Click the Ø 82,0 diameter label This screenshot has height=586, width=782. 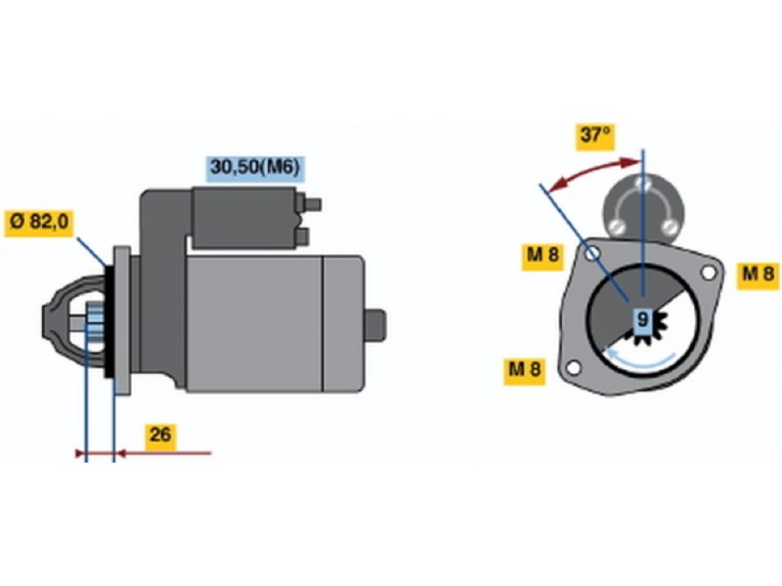tap(39, 223)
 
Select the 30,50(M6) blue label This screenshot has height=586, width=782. tap(255, 168)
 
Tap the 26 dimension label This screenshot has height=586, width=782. tap(160, 436)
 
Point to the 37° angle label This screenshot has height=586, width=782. tap(595, 135)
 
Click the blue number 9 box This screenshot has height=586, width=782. tap(643, 320)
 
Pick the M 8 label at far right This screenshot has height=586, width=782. tap(759, 274)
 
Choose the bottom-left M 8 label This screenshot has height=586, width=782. tap(525, 370)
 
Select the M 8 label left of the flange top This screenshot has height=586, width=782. tap(543, 256)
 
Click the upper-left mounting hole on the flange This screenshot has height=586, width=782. tap(593, 254)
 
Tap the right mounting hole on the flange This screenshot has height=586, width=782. tap(708, 272)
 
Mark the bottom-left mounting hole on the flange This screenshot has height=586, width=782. tap(574, 368)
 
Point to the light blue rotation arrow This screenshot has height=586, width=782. tap(639, 361)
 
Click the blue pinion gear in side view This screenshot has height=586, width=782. tap(94, 320)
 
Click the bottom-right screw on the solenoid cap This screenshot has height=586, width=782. tap(671, 227)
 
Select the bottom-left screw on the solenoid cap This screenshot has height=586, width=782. tap(618, 227)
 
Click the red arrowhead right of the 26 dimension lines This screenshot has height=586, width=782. tap(121, 453)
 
